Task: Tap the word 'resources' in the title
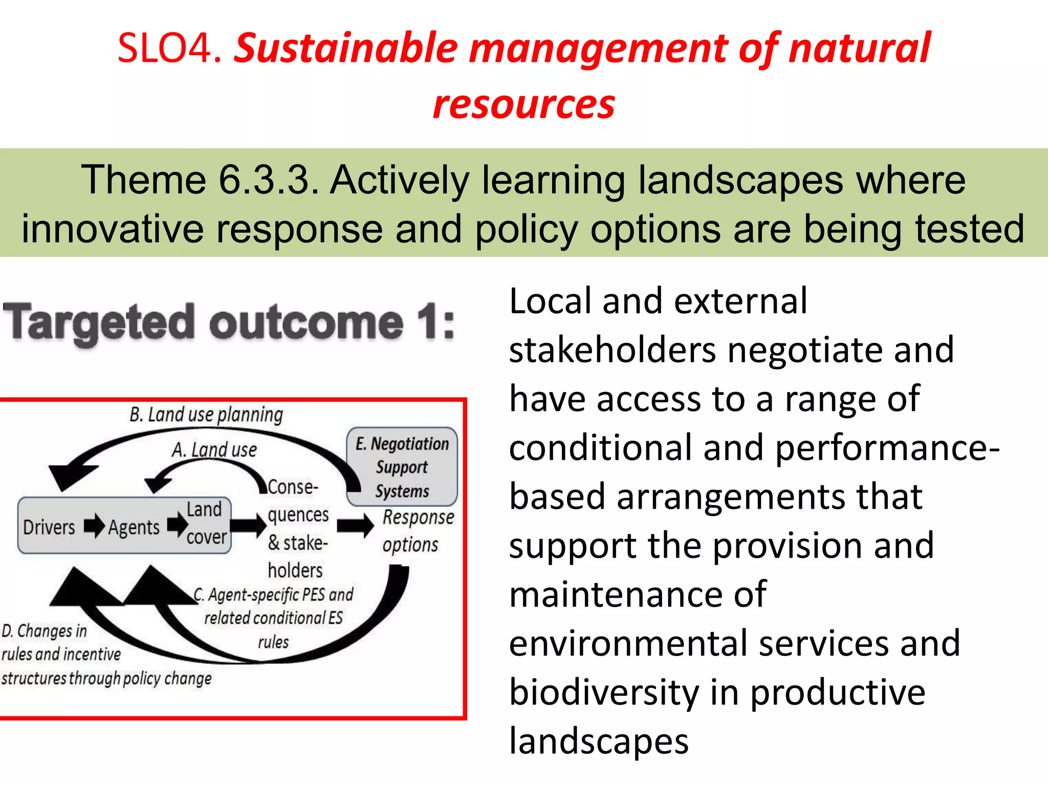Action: click(x=523, y=105)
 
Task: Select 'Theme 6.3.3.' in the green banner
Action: click(x=200, y=180)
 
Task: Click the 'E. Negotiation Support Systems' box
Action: click(x=402, y=467)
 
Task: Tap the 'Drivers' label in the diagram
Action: click(x=49, y=527)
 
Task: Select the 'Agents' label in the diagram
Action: click(x=134, y=527)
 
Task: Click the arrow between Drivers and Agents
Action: click(x=94, y=526)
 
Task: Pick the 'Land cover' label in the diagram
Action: click(x=205, y=523)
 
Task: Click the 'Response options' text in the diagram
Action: click(x=418, y=531)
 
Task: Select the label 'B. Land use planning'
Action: click(x=206, y=414)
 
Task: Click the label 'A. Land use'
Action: click(x=214, y=450)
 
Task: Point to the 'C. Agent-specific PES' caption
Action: click(x=274, y=595)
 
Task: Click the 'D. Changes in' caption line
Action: click(x=45, y=631)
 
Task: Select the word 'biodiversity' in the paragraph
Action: click(x=604, y=692)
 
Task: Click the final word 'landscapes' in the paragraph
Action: click(x=599, y=741)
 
